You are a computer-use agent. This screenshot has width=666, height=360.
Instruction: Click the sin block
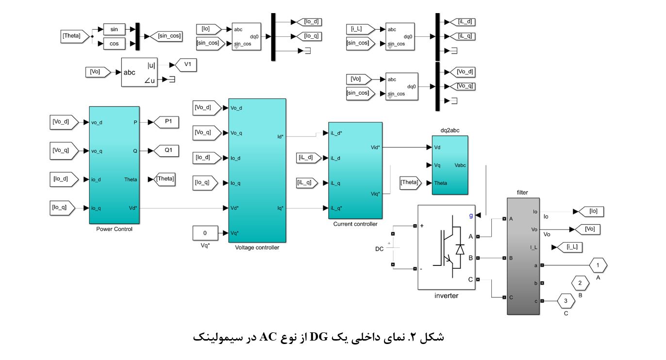[114, 29]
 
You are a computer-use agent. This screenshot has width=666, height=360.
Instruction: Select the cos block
[114, 44]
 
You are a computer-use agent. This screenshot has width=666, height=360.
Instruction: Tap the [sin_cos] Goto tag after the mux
[166, 36]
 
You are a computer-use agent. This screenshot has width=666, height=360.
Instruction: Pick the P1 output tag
[166, 122]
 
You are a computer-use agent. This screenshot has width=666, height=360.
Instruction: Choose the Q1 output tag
[166, 151]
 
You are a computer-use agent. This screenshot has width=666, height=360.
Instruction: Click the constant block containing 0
[205, 233]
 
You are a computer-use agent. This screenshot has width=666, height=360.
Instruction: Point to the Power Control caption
[114, 229]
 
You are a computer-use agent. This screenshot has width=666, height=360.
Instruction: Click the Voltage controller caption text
[257, 247]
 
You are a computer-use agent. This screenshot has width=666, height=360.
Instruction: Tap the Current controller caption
[355, 224]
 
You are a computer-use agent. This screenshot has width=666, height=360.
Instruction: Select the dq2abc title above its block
[450, 131]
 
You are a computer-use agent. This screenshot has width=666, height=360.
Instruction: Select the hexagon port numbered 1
[599, 265]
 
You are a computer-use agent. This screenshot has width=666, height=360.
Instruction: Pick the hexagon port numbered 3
[566, 301]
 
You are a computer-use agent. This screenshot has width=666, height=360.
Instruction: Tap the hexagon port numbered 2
[580, 282]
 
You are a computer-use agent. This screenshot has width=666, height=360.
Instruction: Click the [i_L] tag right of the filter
[572, 247]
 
